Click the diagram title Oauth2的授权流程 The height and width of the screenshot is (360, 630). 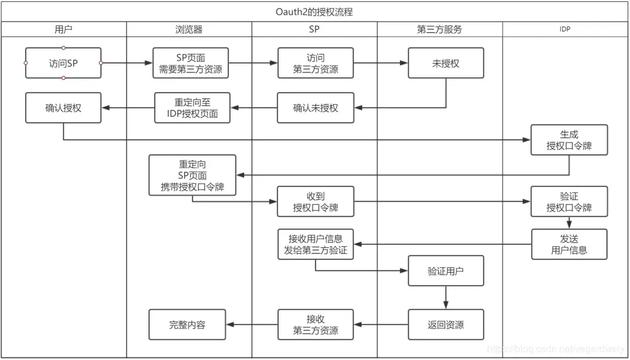[x=315, y=12]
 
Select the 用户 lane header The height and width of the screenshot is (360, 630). [x=64, y=29]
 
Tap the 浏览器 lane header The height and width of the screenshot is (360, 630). [x=189, y=29]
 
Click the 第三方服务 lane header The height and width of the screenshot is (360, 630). [x=440, y=29]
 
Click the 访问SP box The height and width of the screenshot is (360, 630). [x=64, y=63]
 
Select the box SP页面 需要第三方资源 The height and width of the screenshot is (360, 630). [x=191, y=63]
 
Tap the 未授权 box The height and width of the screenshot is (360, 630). [x=446, y=63]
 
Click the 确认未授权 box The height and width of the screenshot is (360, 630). [x=316, y=108]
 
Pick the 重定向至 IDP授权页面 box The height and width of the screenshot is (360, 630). [x=193, y=108]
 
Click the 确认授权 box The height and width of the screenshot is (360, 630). [x=64, y=108]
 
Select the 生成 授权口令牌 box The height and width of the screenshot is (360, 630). [x=569, y=140]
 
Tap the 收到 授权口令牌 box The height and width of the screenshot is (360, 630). [x=316, y=202]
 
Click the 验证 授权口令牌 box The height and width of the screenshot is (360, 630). [x=569, y=202]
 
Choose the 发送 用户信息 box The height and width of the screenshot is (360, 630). [x=569, y=244]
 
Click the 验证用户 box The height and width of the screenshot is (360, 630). [x=446, y=271]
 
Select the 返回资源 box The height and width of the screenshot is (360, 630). [x=446, y=324]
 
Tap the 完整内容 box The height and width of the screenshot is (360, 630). [x=187, y=324]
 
